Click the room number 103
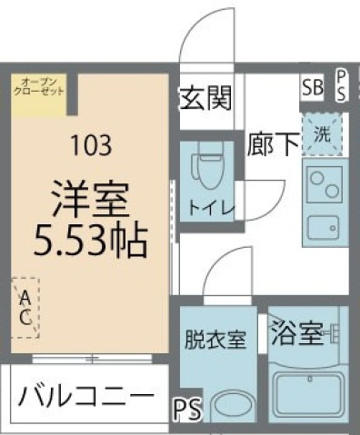(x=89, y=143)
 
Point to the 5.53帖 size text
(x=89, y=240)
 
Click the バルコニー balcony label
(x=82, y=397)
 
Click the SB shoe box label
(x=312, y=88)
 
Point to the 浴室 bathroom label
(x=295, y=335)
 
